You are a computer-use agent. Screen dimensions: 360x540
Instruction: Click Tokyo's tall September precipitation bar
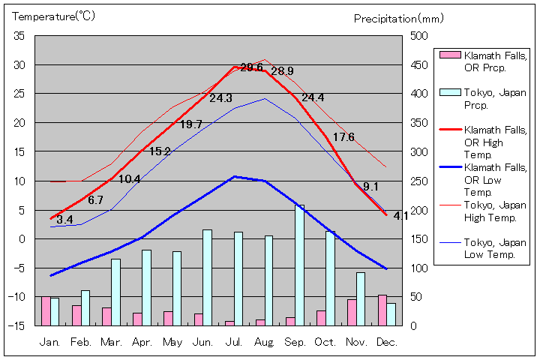[300, 265]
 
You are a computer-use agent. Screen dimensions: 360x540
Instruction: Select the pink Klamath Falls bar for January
[46, 311]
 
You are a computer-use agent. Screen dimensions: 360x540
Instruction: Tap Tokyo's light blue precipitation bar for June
[208, 277]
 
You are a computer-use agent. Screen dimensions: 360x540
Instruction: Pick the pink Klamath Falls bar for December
[382, 310]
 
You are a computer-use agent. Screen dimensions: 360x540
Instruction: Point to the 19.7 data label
[190, 124]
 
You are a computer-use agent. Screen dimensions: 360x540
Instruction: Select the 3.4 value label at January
[64, 220]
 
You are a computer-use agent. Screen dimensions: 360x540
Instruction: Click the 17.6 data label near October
[343, 136]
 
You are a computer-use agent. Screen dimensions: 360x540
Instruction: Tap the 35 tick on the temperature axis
[19, 36]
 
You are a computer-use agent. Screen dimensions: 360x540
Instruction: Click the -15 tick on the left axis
[16, 325]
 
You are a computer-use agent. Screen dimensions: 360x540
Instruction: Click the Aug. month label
[263, 342]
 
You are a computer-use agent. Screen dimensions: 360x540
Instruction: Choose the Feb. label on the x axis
[80, 342]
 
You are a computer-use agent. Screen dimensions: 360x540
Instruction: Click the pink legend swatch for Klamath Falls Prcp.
[449, 55]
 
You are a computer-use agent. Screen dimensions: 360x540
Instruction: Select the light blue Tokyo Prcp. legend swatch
[449, 92]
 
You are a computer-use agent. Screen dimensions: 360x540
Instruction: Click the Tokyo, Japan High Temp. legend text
[495, 211]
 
